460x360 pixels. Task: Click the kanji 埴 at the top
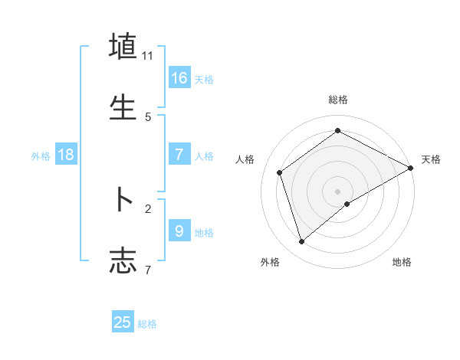pos(123,46)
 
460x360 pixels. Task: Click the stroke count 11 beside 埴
pos(148,56)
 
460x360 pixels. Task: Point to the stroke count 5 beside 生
pos(148,117)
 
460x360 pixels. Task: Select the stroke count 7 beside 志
pos(148,270)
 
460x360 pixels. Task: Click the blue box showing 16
pos(179,78)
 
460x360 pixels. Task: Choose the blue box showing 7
pos(179,155)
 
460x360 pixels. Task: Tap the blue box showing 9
pos(179,231)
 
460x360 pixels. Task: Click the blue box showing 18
pos(66,155)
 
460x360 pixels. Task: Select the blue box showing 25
pos(123,322)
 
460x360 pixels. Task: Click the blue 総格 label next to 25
pos(147,324)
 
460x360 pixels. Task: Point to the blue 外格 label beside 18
pos(41,156)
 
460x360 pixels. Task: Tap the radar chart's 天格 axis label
pos(431,159)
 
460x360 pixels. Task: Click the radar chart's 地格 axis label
pos(402,263)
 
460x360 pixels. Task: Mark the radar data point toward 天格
pos(411,168)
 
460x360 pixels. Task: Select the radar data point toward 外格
pos(302,241)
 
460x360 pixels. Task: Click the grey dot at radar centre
pos(338,191)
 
